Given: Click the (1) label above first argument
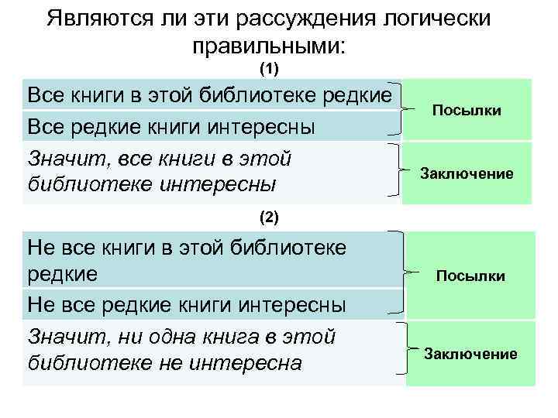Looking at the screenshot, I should pos(268,70).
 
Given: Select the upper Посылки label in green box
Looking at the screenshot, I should pos(467,111).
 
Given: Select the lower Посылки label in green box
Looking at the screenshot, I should pos(470,276).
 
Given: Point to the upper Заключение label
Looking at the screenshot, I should pos(467,173).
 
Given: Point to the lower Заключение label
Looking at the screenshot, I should pos(470,354).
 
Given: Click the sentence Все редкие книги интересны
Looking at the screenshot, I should pos(170,125).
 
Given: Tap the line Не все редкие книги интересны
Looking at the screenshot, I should pos(186,304).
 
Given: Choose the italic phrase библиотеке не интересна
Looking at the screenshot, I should pos(164,362).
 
